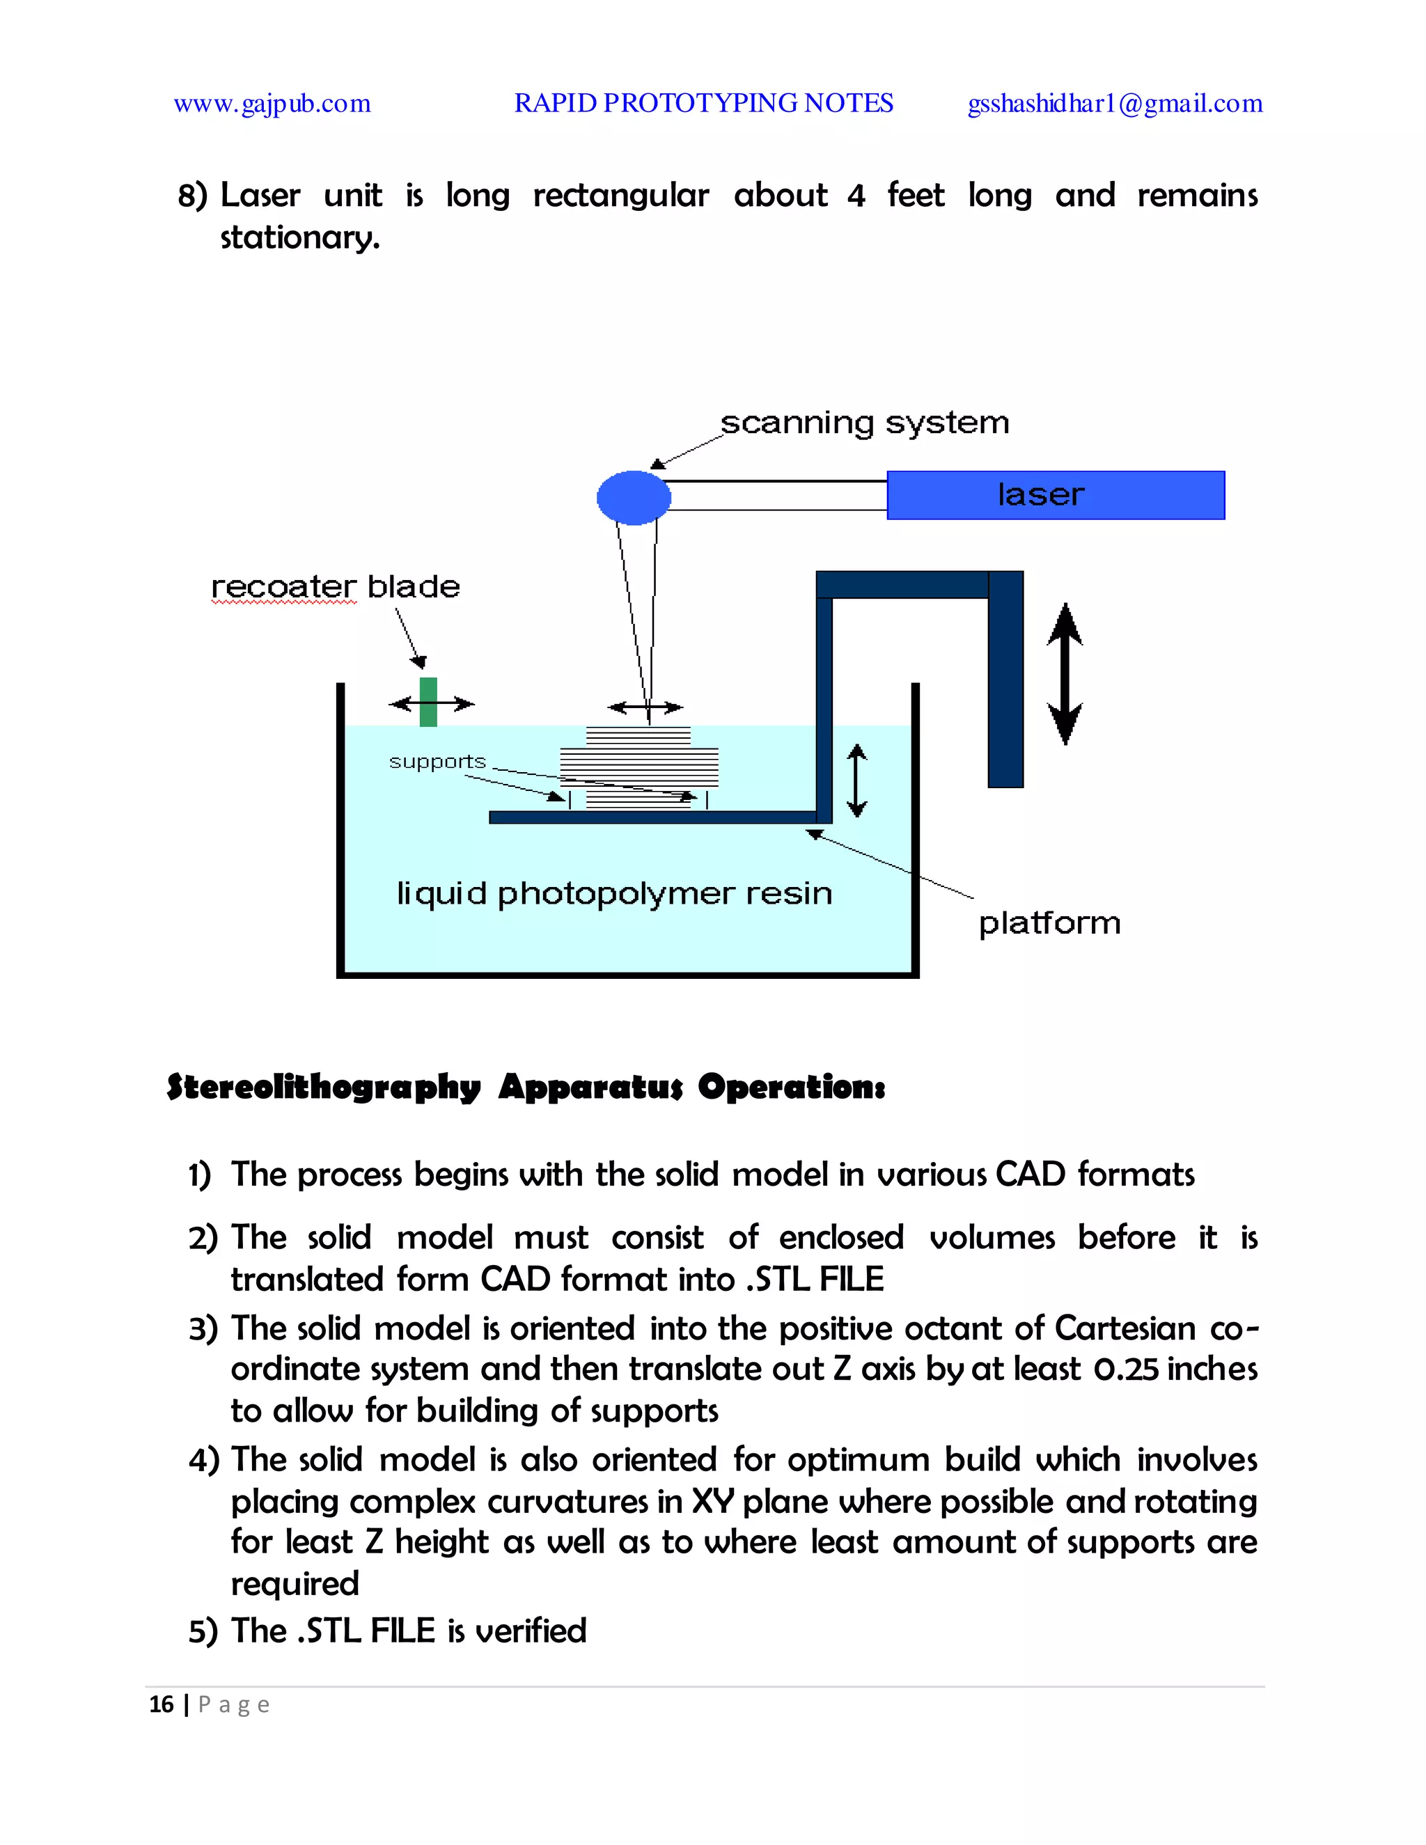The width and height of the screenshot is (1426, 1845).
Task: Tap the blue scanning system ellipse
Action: (x=634, y=498)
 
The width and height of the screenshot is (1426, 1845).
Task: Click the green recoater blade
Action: (x=428, y=701)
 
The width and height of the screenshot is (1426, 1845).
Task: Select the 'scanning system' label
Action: (x=864, y=423)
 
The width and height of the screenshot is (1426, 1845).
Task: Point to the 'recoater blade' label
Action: (x=336, y=586)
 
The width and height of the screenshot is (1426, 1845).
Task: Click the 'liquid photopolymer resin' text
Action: (x=614, y=894)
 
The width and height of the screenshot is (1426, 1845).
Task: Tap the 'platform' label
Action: (x=1049, y=922)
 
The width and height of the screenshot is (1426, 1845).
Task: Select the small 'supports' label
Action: (x=437, y=761)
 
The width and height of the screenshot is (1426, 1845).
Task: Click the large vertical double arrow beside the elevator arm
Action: (x=1065, y=673)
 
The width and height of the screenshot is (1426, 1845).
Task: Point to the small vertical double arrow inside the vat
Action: (x=856, y=780)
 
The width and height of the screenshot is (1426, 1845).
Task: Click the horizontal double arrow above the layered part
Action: (x=645, y=707)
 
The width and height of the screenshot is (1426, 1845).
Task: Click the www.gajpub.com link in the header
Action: (x=272, y=104)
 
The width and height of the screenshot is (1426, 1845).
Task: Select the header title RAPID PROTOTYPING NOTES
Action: (x=704, y=103)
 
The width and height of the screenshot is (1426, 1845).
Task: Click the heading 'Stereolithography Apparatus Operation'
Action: (x=526, y=1088)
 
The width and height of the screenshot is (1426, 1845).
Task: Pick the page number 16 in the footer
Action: (x=161, y=1705)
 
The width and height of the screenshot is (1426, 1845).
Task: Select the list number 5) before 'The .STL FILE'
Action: (x=203, y=1631)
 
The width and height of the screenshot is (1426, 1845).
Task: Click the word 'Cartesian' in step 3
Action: (x=1125, y=1328)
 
